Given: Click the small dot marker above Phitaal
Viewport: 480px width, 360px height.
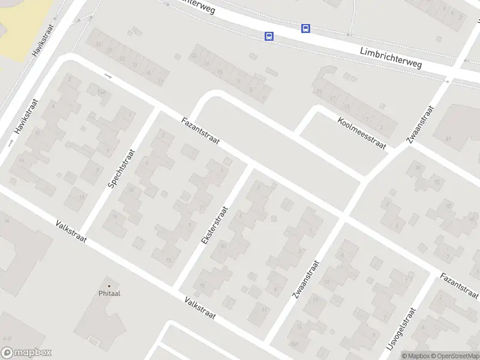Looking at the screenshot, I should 109,285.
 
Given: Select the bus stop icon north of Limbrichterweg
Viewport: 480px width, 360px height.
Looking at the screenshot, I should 305,28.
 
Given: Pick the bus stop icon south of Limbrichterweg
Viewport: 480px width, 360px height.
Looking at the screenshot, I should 269,37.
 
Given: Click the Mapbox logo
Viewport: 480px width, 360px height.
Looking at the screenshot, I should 26,353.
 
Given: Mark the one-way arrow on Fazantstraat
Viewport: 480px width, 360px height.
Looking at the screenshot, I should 108,76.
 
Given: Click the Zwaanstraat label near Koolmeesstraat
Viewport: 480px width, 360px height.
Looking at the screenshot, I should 419,125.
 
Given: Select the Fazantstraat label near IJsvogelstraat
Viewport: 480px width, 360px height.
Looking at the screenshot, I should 458,286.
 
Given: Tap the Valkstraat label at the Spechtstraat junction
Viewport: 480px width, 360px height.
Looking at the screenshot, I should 71,232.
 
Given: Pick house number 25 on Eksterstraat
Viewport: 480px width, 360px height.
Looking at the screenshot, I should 202,285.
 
